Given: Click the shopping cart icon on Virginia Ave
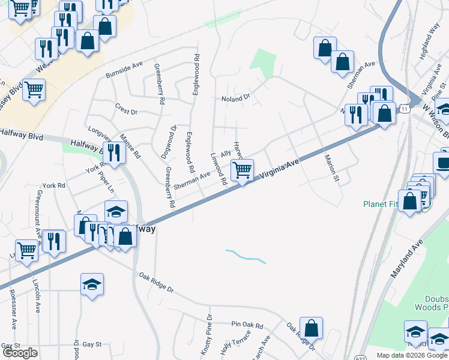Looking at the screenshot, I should pos(242,169).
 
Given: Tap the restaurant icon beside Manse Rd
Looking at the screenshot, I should pos(113,153).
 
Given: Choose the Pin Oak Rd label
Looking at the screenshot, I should pos(247,325).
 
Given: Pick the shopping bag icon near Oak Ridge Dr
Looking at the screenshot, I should pos(311,328).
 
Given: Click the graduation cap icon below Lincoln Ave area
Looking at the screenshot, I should pos(92,284).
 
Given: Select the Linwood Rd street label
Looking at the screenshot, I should pos(218,168).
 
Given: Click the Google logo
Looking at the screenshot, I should pos(20,353).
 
